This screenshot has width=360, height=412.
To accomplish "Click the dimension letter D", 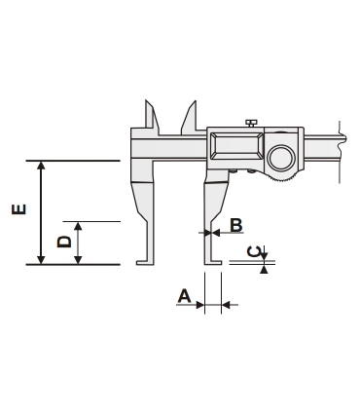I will click(x=63, y=242).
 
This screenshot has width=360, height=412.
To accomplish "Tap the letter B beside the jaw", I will click(x=234, y=226).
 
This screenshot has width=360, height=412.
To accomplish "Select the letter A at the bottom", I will click(x=184, y=296).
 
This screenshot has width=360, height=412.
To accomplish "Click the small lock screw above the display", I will click(x=251, y=123).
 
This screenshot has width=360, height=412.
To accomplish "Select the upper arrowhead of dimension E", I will click(x=40, y=167).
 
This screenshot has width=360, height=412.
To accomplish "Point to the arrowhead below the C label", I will click(x=263, y=269).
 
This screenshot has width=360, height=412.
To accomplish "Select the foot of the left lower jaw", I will click(x=143, y=260).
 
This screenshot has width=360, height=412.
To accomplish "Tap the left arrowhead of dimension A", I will click(x=201, y=305).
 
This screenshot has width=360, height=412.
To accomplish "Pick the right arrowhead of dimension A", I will click(x=226, y=305).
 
